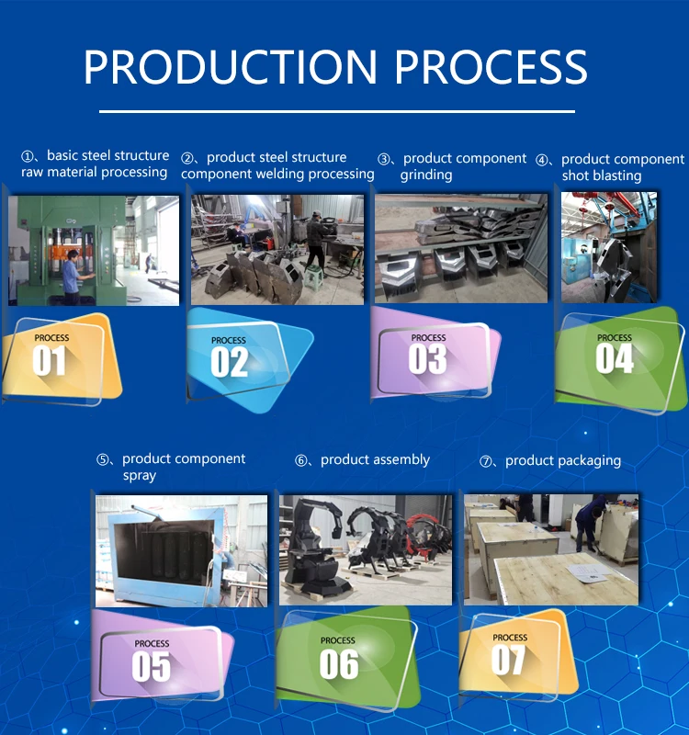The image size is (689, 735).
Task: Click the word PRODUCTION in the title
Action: (230, 67)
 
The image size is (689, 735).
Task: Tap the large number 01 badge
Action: (50, 361)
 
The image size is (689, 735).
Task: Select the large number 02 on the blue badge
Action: (229, 362)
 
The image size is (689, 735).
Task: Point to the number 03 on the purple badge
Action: (427, 359)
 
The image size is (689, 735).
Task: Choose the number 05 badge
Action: (152, 665)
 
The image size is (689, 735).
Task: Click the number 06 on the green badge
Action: (338, 662)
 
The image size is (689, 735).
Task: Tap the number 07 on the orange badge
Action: (508, 659)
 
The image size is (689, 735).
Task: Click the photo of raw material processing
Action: (94, 250)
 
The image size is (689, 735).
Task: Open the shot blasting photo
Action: (609, 247)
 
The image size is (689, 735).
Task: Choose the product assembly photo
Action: (366, 549)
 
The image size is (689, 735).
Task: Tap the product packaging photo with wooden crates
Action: (551, 549)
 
